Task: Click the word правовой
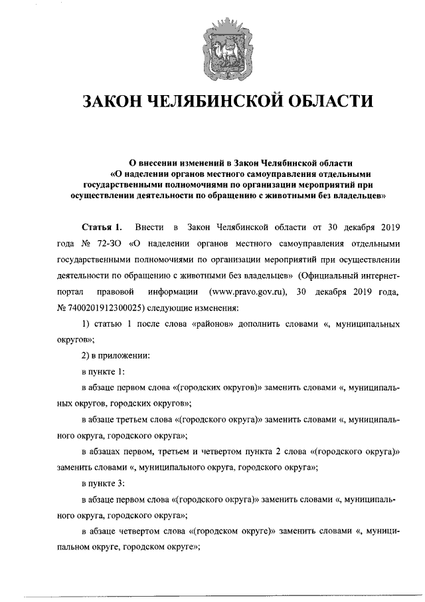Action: pyautogui.click(x=117, y=291)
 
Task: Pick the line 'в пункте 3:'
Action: pyautogui.click(x=103, y=483)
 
